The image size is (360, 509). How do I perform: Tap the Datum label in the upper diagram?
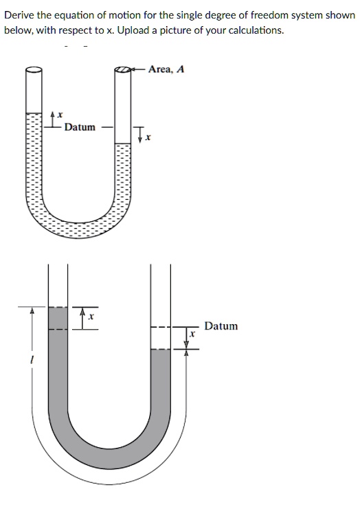pyautogui.click(x=80, y=127)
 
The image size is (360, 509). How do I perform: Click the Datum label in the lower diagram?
pyautogui.click(x=221, y=326)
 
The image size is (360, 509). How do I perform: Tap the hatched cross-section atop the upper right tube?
pyautogui.click(x=122, y=69)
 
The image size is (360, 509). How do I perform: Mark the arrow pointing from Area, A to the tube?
pyautogui.click(x=139, y=69)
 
